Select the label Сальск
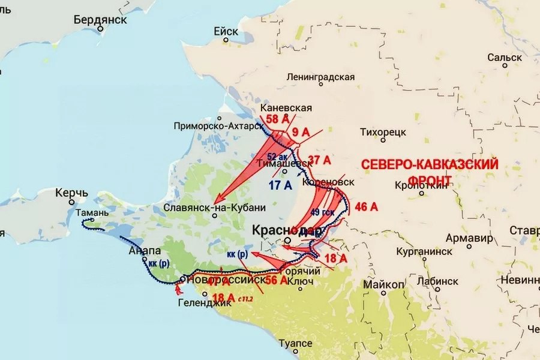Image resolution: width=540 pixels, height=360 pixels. click(504, 58)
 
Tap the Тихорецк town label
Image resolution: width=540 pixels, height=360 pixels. click(384, 131)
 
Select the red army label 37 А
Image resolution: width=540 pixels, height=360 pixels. click(319, 160)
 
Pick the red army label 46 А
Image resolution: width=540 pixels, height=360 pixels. click(366, 207)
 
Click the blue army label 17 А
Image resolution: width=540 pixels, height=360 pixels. click(280, 185)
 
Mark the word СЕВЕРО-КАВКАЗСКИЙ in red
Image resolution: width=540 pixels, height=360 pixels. click(430, 164)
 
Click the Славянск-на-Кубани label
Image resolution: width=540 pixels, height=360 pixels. click(214, 208)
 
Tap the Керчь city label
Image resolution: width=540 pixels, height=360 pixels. click(71, 193)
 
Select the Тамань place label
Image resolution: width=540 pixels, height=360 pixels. click(92, 212)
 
